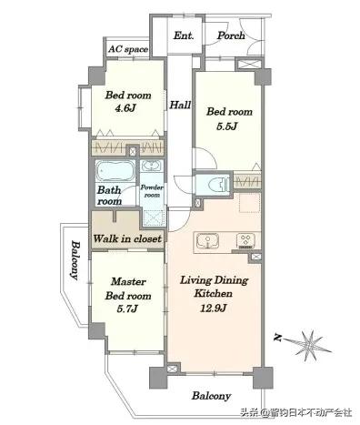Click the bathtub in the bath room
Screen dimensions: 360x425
click(115, 171)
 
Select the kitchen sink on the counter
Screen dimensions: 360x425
click(208, 242)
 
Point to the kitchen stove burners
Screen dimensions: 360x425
click(246, 241)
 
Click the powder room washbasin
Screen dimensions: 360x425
click(152, 166)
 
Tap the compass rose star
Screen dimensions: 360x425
click(308, 345)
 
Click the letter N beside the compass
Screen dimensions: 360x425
click(277, 338)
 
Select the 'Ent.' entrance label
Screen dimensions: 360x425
click(184, 35)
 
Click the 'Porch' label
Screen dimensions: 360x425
click(231, 35)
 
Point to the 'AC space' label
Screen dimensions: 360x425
click(128, 49)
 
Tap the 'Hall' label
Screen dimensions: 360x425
click(180, 105)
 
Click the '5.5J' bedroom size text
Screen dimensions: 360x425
click(226, 126)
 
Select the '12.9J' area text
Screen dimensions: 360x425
click(214, 309)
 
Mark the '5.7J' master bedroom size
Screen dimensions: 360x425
click(127, 309)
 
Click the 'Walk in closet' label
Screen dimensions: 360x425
click(127, 238)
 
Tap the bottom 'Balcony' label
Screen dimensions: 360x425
click(211, 396)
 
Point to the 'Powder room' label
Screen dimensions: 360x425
click(152, 191)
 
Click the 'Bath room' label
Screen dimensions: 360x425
click(109, 196)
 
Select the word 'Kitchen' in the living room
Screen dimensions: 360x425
click(214, 293)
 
